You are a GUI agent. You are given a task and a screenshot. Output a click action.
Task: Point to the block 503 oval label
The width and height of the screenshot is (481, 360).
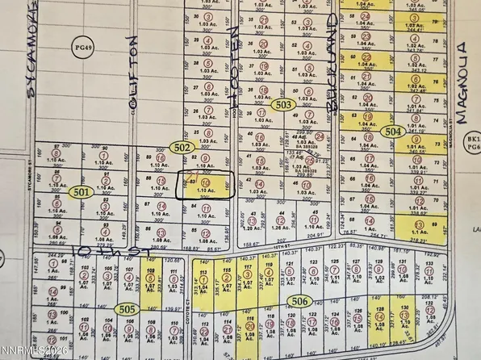point(283,105)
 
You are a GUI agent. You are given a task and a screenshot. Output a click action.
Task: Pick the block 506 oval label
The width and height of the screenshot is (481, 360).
point(297,299)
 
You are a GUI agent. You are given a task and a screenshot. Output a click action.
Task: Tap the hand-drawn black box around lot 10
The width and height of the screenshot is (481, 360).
point(206,184)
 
